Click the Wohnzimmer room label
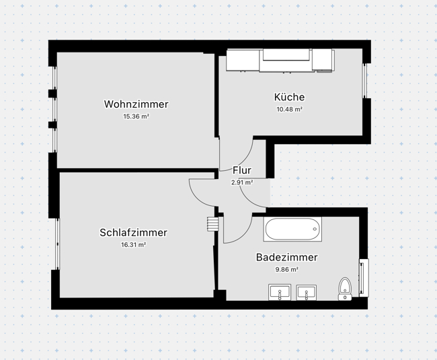(136, 104)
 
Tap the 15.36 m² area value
(136, 116)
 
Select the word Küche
(289, 97)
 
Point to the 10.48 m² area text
(289, 109)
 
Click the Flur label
(242, 170)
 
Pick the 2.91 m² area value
(242, 182)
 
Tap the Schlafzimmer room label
(133, 233)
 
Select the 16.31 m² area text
(133, 245)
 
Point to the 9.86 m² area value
(286, 269)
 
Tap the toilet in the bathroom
(345, 288)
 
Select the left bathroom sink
(279, 293)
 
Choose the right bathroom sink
(307, 293)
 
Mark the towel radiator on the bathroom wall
(364, 277)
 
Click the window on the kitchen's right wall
(366, 81)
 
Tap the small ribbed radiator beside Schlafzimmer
(213, 223)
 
